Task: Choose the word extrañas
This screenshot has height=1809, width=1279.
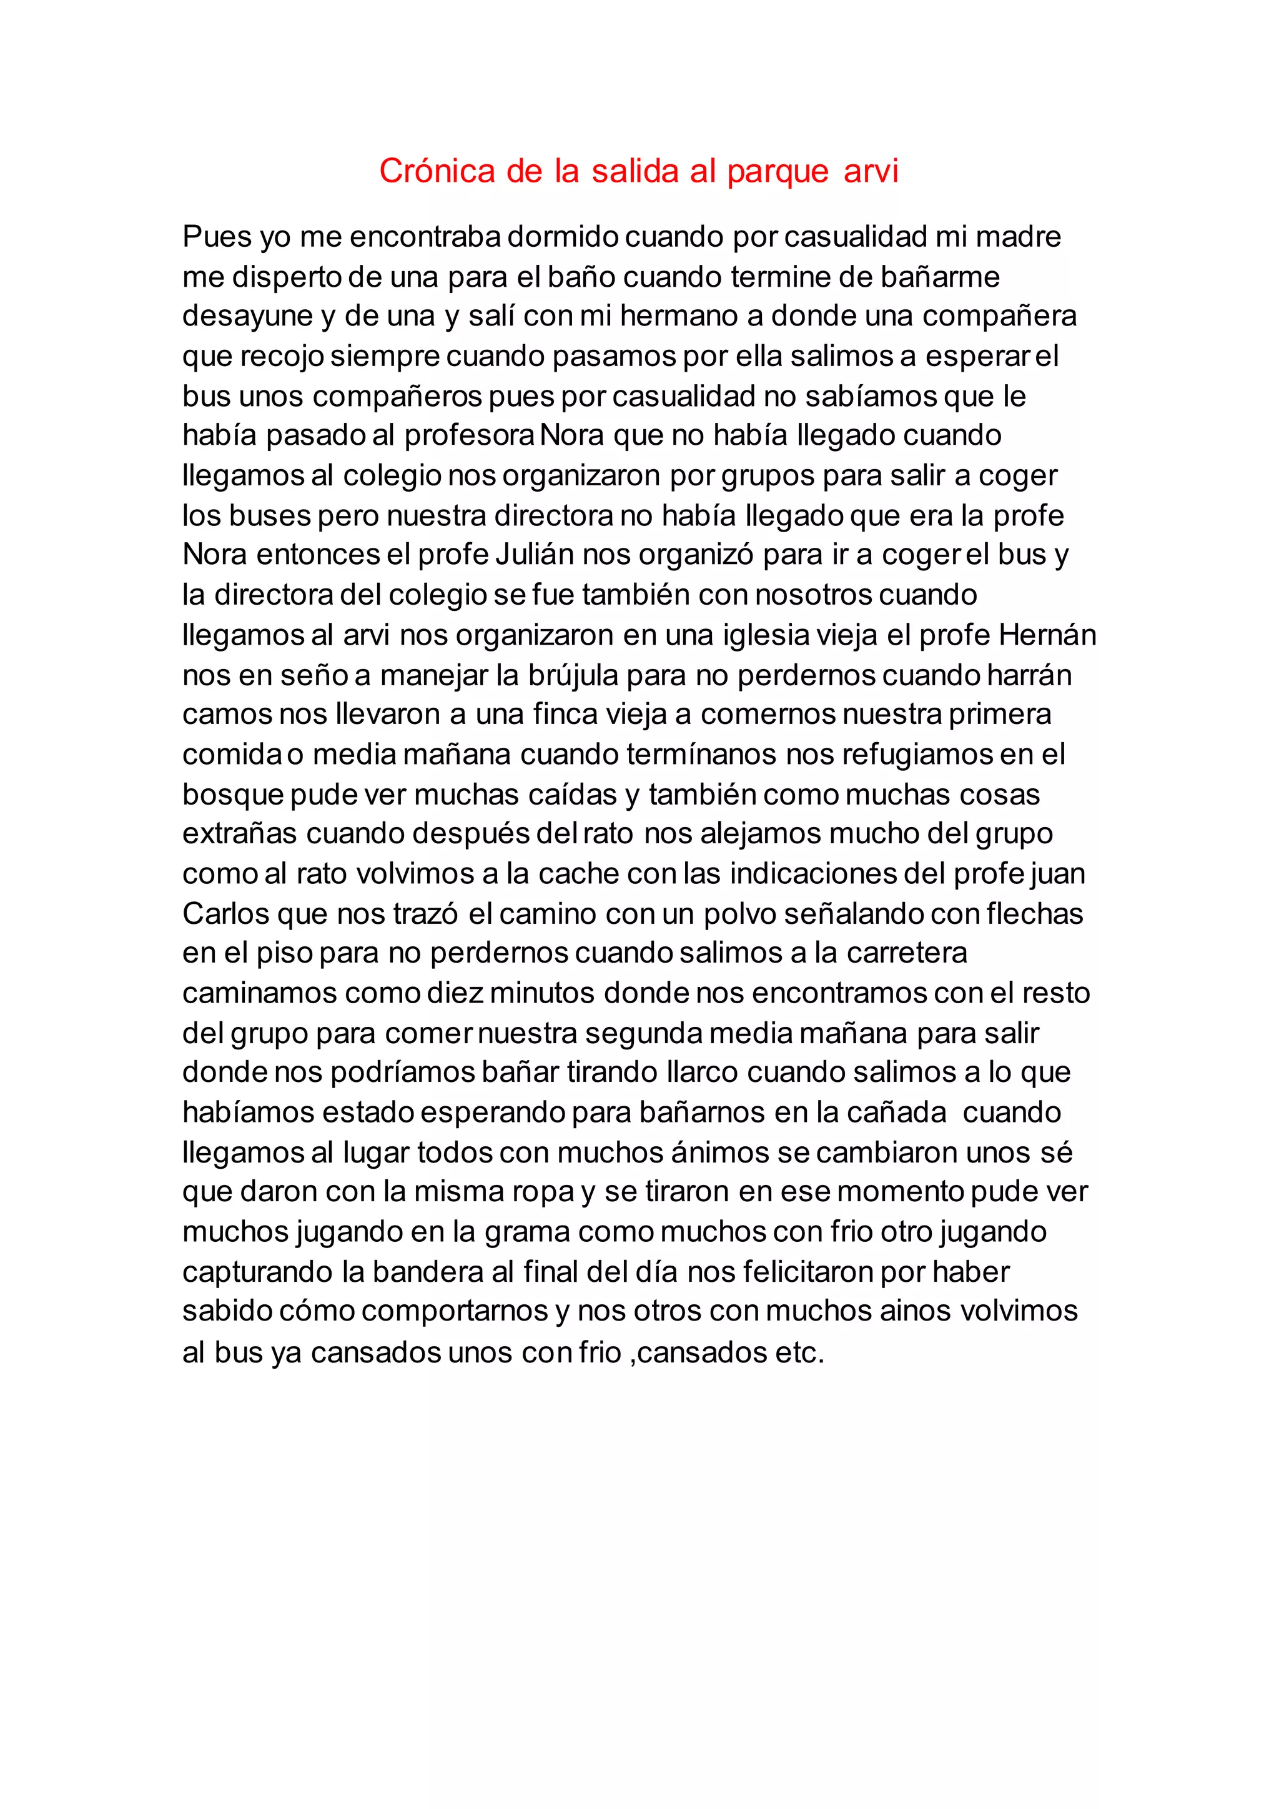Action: [239, 833]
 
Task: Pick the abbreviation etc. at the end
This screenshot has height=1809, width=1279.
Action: [799, 1353]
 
